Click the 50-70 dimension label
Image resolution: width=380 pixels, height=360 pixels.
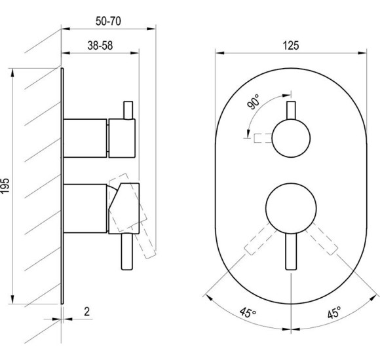[x=108, y=21]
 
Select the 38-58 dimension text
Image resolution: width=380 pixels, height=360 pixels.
[x=100, y=45]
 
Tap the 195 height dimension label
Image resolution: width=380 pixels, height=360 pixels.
[x=5, y=185]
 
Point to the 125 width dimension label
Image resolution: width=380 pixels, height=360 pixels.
[x=291, y=45]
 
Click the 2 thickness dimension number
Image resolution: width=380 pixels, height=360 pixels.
[x=86, y=312]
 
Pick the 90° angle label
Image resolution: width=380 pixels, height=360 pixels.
[x=254, y=101]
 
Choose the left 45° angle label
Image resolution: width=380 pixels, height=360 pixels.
[x=248, y=312]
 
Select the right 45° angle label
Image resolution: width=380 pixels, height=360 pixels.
[x=334, y=312]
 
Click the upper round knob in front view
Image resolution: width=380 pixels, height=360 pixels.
[x=291, y=138]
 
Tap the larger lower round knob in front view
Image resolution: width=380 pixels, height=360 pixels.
[x=291, y=208]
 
